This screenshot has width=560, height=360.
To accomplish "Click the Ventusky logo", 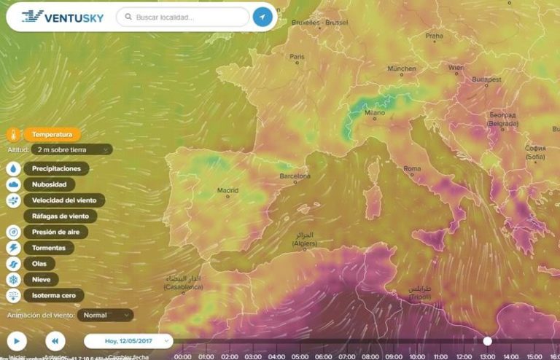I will (x=63, y=16).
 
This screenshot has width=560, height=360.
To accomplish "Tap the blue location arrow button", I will (x=262, y=17).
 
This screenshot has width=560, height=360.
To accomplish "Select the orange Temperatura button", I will (x=52, y=134).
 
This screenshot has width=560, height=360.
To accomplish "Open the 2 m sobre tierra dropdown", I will (x=71, y=149).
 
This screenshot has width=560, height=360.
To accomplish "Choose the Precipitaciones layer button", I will (x=56, y=168).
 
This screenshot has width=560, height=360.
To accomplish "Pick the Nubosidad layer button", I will (x=49, y=184).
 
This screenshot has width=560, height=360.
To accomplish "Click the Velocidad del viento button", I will (x=64, y=200).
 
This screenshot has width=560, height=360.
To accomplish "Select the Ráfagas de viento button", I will (x=61, y=216).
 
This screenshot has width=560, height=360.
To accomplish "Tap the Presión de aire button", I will (x=55, y=232).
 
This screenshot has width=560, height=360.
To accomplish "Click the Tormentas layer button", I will (x=48, y=248).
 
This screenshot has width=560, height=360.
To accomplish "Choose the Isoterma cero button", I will (x=53, y=296).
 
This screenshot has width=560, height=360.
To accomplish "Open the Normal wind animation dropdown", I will (x=106, y=316).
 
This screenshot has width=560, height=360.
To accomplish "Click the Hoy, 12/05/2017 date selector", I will (x=128, y=340).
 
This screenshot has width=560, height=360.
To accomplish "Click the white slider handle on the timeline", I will (x=487, y=340).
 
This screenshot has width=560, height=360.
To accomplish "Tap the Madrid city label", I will (x=227, y=191).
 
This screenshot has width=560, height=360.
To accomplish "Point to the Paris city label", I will (x=297, y=56).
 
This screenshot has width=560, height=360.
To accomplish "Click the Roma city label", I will (x=412, y=168).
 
